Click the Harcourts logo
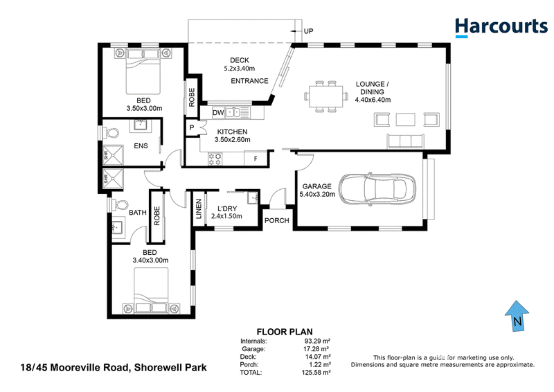[501, 27]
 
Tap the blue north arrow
[517, 317]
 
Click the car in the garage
[377, 189]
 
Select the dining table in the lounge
[325, 96]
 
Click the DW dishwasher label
[218, 113]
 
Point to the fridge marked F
[256, 159]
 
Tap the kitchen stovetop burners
[215, 159]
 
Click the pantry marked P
[192, 127]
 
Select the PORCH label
[276, 220]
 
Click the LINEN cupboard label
[199, 209]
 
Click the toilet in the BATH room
[118, 206]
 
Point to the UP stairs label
[308, 31]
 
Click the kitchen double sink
[233, 113]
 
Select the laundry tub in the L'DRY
[253, 197]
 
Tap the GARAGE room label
[317, 186]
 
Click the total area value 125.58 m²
[316, 373]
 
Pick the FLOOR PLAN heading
[285, 332]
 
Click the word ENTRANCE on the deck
[249, 81]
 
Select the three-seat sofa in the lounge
[406, 141]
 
